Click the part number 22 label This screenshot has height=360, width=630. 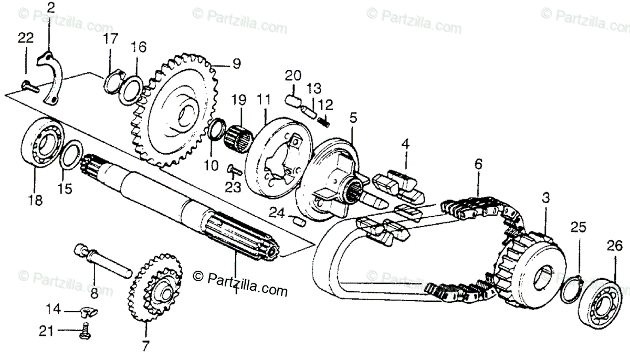(x=25, y=38)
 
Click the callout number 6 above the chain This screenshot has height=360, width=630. (x=478, y=165)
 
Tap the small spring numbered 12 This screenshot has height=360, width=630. (x=325, y=121)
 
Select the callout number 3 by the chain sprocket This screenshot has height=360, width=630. (x=546, y=198)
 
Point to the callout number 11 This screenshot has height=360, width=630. (x=262, y=99)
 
